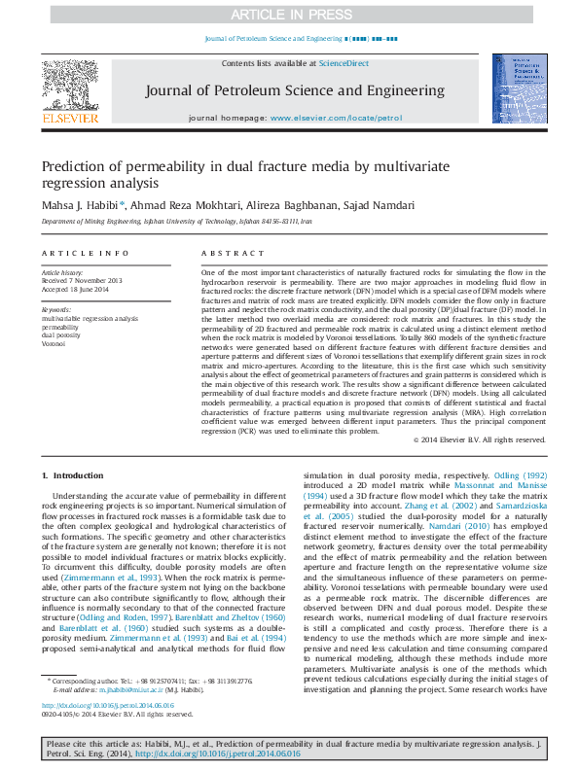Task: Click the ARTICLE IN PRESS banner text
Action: coord(289,15)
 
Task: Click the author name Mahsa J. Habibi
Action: coord(80,205)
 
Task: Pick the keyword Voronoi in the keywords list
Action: coord(54,343)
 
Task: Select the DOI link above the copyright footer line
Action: coord(107,705)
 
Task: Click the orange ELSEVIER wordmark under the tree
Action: coord(70,119)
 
